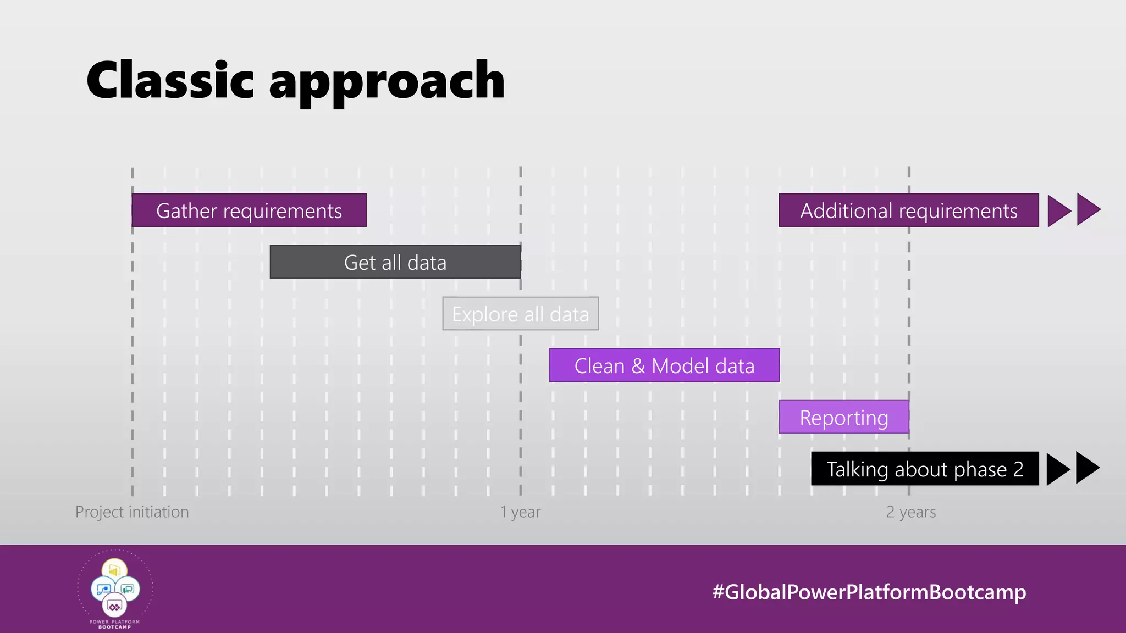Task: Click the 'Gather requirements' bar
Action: click(249, 210)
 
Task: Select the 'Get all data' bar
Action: click(395, 262)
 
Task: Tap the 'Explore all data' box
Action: click(520, 314)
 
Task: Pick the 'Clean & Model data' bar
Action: click(664, 365)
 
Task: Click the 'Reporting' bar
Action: click(843, 417)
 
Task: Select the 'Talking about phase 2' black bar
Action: click(925, 469)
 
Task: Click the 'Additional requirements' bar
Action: click(908, 210)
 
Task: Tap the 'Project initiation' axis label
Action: click(132, 512)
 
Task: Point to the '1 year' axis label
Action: click(520, 512)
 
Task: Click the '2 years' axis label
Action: click(911, 512)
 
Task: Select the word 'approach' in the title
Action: click(387, 82)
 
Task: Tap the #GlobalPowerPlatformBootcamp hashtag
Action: click(869, 592)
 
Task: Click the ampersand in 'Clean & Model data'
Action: click(638, 366)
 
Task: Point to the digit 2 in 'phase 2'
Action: click(1018, 469)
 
